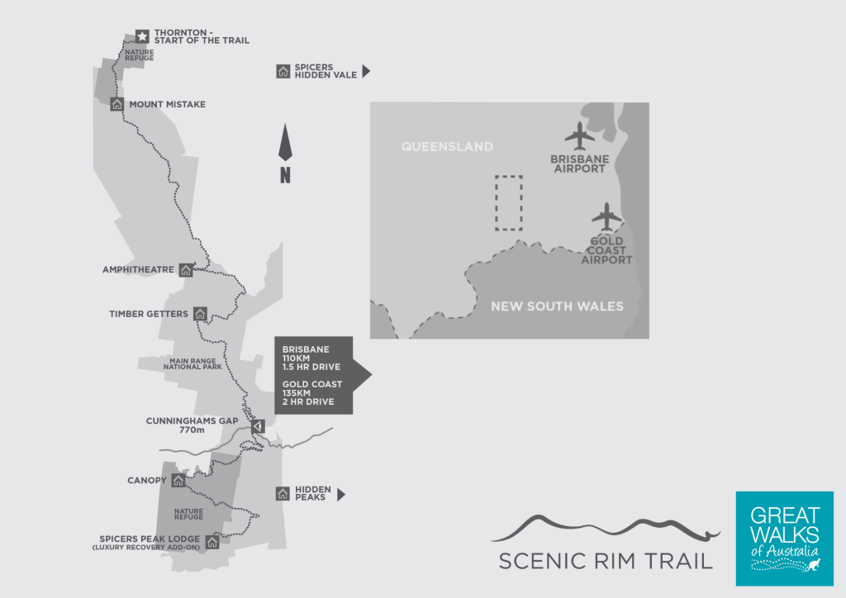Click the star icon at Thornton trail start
(142, 36)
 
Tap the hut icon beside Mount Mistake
(116, 104)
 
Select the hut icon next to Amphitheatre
(186, 269)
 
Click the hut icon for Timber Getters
(200, 314)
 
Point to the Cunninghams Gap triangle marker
(257, 426)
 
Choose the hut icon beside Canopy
(178, 480)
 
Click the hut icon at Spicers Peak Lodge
(212, 542)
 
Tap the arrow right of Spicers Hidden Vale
(366, 72)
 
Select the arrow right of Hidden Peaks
(340, 495)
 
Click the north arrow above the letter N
(285, 143)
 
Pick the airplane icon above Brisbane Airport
(579, 134)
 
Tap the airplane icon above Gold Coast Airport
(606, 217)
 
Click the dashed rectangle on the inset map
(508, 202)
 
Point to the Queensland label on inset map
(447, 147)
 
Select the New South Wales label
(557, 306)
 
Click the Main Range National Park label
(193, 363)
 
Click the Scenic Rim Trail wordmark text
(606, 561)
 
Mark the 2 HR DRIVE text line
(307, 402)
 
